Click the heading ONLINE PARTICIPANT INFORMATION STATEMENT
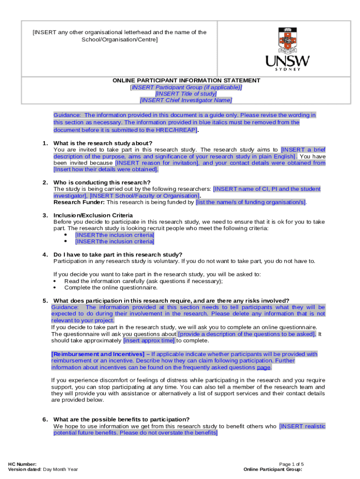click(x=186, y=80)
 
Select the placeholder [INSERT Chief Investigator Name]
click(x=186, y=100)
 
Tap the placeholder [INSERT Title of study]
click(x=186, y=94)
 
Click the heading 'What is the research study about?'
click(x=103, y=143)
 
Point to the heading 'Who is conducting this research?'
click(x=102, y=182)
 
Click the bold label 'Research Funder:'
click(x=79, y=202)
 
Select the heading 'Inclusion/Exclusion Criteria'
click(x=94, y=215)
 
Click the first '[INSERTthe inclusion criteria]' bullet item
click(x=115, y=235)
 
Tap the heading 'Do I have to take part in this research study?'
click(x=118, y=254)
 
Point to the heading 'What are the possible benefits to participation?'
click(x=122, y=419)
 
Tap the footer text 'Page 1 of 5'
click(x=291, y=464)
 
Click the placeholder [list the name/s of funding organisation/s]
click(x=251, y=202)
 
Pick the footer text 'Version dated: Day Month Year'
click(x=43, y=469)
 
